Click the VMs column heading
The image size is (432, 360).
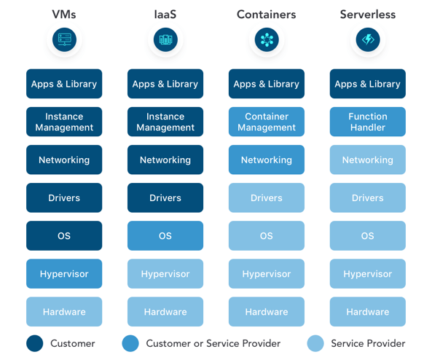(x=64, y=15)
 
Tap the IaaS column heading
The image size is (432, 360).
(x=165, y=15)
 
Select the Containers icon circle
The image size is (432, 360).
(x=267, y=39)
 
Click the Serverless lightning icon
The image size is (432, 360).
(x=368, y=39)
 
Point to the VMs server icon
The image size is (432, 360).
(x=64, y=39)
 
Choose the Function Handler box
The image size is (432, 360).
(x=368, y=122)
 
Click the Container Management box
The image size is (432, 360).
(x=267, y=122)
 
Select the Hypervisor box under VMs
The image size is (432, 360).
(x=64, y=274)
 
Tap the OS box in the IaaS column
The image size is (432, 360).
(x=165, y=235)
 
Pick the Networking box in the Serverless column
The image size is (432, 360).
(x=368, y=160)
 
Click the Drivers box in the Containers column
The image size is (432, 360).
(x=267, y=197)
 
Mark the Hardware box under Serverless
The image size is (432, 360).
(x=368, y=312)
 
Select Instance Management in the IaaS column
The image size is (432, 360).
(x=165, y=122)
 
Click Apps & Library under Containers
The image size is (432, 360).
(x=267, y=84)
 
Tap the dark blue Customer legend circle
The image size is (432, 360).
(x=35, y=343)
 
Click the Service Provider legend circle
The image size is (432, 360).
(x=315, y=343)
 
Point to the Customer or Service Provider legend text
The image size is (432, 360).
(x=213, y=343)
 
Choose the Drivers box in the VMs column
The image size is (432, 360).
(x=64, y=197)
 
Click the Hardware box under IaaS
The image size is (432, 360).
(x=165, y=312)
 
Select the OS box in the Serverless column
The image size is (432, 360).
(x=368, y=235)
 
